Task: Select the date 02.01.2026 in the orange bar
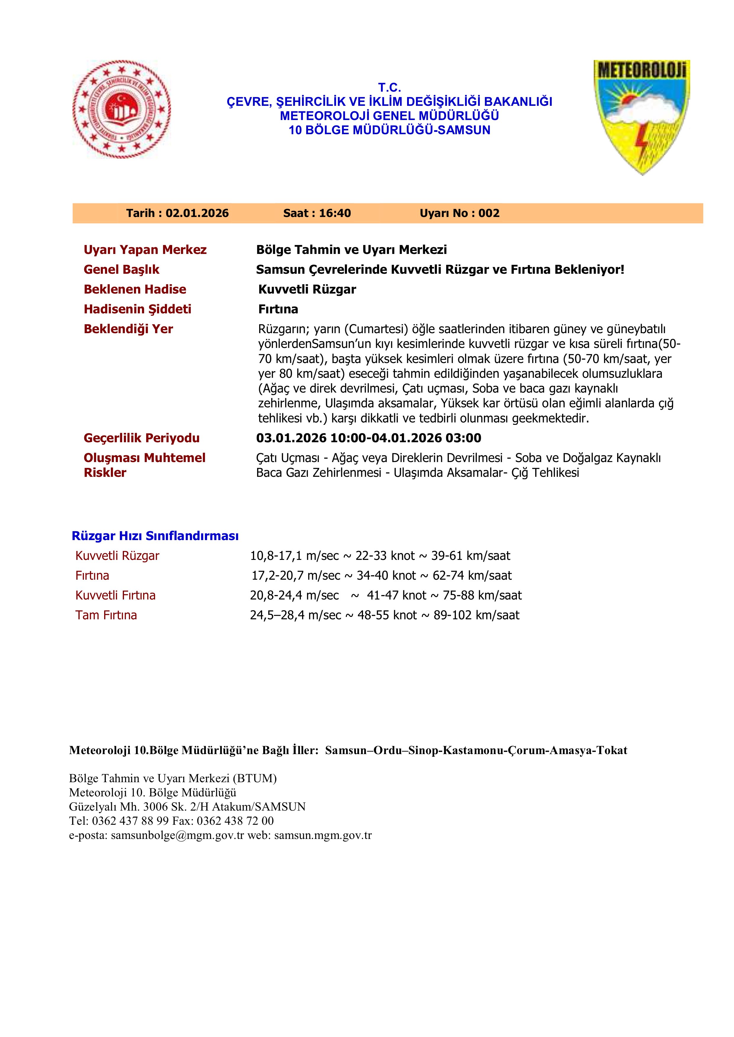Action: (x=197, y=213)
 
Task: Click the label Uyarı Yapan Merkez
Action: (x=145, y=250)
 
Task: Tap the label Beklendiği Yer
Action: (x=128, y=329)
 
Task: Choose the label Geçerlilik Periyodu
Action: (x=141, y=438)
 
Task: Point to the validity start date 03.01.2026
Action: (x=291, y=438)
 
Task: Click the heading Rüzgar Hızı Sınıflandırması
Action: (x=155, y=536)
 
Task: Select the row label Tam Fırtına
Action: (x=106, y=615)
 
